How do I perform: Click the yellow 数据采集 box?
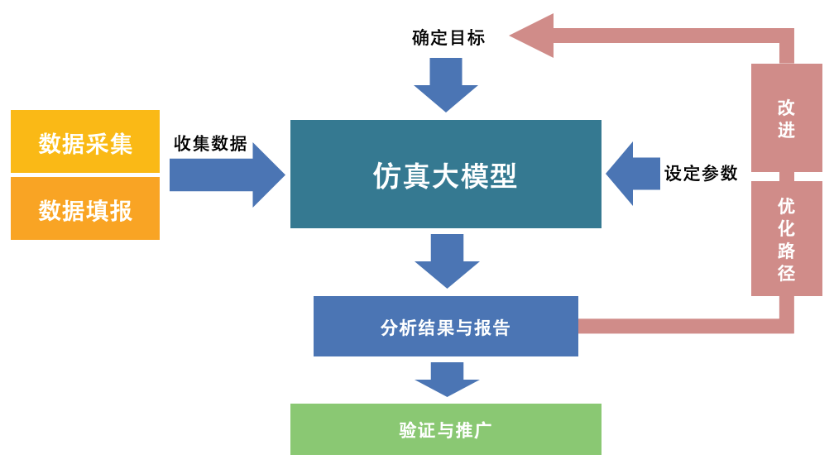click(85, 141)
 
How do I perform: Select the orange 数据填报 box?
click(85, 208)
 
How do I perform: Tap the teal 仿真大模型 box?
click(446, 174)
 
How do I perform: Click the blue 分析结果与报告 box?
click(446, 327)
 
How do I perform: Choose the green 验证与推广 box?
click(446, 429)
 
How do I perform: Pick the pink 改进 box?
click(787, 117)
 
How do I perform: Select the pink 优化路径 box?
click(787, 239)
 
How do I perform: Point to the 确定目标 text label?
click(448, 38)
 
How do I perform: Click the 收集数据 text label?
click(211, 143)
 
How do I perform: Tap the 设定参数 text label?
click(701, 173)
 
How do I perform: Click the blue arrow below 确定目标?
click(446, 85)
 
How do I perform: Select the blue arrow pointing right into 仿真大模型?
click(227, 175)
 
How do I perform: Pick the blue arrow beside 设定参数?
click(633, 174)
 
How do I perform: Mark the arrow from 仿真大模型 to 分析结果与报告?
click(447, 261)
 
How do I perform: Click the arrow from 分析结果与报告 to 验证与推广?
click(447, 380)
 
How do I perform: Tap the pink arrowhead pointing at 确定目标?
click(532, 36)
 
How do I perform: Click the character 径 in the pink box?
click(787, 273)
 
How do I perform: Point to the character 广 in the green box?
click(483, 430)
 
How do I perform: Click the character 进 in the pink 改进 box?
click(787, 130)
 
